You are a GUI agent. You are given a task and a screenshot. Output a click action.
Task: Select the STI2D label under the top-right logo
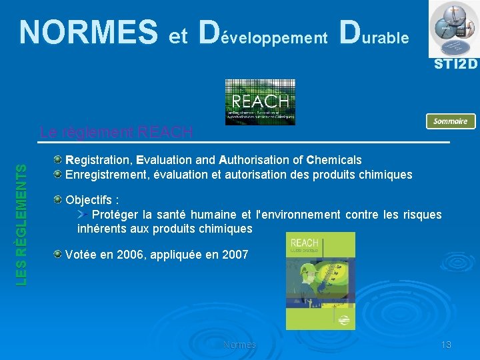pos(456,65)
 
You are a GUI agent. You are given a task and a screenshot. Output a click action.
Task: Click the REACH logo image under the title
pos(260,102)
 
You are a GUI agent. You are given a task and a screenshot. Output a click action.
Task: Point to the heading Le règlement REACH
pos(116,132)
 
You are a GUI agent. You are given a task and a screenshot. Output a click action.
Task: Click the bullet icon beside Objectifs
pos(59,200)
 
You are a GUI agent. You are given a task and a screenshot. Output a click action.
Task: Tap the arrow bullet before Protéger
pos(83,214)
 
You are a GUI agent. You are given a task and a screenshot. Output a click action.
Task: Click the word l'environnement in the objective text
pos(297,214)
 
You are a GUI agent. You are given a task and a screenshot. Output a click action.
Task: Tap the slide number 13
pos(446,345)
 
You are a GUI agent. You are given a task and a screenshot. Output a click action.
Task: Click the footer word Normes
pos(239,345)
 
